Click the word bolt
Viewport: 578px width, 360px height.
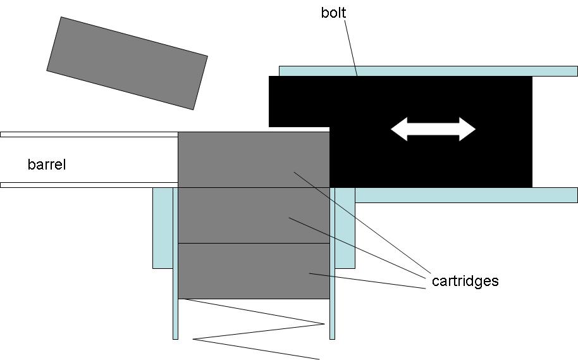(x=333, y=13)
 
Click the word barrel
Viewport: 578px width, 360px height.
(x=47, y=165)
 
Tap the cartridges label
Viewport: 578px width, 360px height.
(x=465, y=281)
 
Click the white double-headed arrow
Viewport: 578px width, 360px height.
(x=433, y=129)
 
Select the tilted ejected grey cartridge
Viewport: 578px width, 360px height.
(x=127, y=63)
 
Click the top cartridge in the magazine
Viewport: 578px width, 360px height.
(x=253, y=159)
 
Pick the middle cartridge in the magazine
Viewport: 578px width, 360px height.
(x=253, y=215)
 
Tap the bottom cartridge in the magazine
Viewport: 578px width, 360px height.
(x=253, y=271)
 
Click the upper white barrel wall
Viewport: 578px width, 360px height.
(x=89, y=134)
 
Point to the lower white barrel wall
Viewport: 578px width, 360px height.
(x=89, y=185)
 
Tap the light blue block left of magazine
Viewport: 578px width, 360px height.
(x=162, y=228)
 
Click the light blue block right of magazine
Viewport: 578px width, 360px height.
(x=345, y=228)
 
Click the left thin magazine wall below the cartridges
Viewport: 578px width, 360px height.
(x=175, y=319)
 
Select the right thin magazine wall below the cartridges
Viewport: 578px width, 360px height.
(x=333, y=319)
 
